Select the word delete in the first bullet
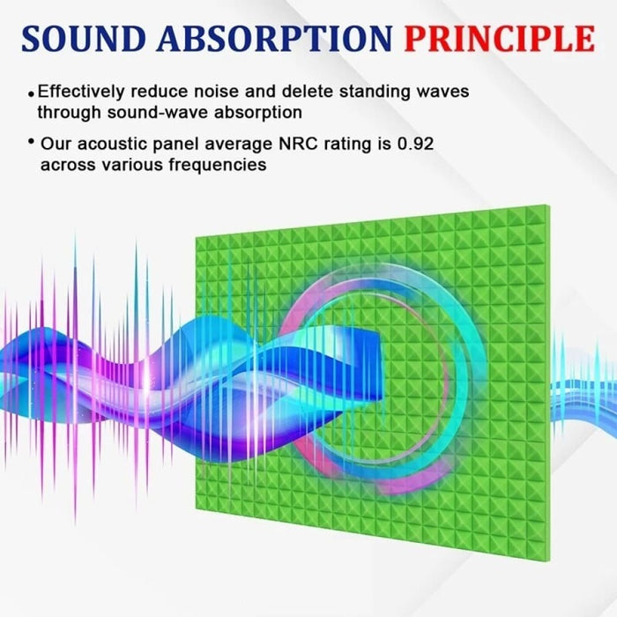[x=305, y=92]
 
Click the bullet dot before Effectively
[x=33, y=93]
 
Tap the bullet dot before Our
[x=32, y=142]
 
